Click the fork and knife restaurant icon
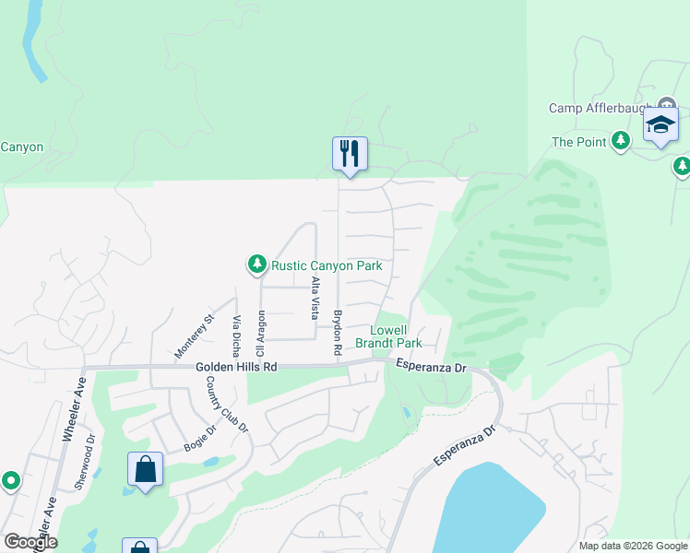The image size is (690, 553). (x=350, y=153)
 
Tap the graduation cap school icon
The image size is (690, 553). (x=660, y=124)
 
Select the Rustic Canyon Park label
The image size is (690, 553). (x=327, y=265)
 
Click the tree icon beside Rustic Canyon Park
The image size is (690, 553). (x=256, y=265)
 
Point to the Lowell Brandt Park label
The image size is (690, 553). (x=396, y=336)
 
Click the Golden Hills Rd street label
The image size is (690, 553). (x=236, y=367)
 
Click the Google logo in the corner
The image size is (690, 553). (x=30, y=542)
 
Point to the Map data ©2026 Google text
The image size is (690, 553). (x=632, y=546)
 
